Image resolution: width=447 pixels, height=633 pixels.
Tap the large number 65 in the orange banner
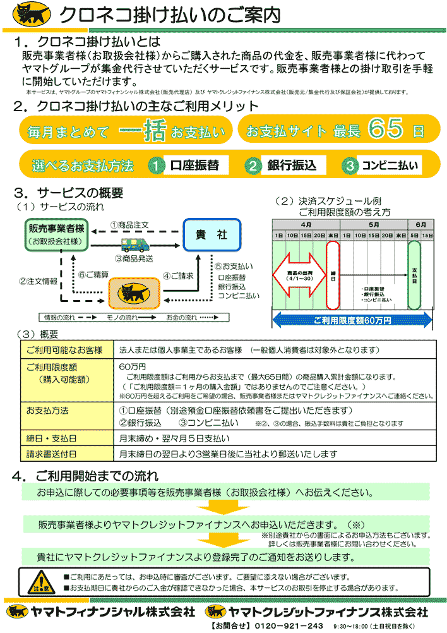pyautogui.click(x=386, y=130)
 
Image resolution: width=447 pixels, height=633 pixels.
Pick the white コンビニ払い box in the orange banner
pyautogui.click(x=390, y=166)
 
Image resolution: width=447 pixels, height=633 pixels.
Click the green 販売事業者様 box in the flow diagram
pyautogui.click(x=57, y=233)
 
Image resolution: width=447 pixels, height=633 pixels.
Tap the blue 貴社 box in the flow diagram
pyautogui.click(x=212, y=234)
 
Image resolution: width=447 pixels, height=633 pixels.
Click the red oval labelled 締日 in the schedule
pyautogui.click(x=333, y=276)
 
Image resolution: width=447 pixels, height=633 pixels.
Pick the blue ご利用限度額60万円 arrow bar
pyautogui.click(x=352, y=320)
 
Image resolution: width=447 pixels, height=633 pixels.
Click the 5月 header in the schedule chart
pyautogui.click(x=373, y=224)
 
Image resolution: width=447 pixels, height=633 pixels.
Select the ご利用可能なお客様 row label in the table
pyautogui.click(x=64, y=350)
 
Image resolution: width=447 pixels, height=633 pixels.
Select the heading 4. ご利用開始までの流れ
pyautogui.click(x=85, y=475)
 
